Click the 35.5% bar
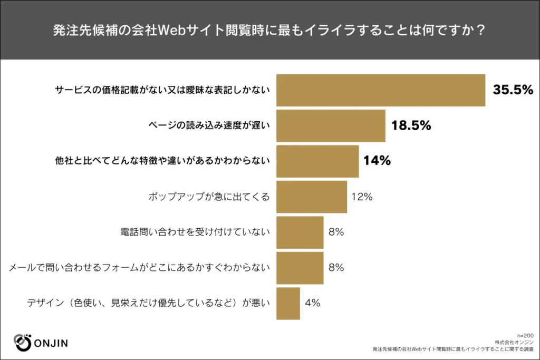coord(380,90)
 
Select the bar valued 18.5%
coord(331,125)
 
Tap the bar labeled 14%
coord(317,161)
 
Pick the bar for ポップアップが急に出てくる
coord(312,197)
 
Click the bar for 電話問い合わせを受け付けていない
coord(300,232)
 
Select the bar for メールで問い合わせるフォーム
coord(300,267)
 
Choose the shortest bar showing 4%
coord(288,303)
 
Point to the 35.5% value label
coord(513,90)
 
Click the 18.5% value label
coord(411,125)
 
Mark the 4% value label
coord(312,303)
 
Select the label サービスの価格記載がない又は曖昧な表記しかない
coord(162,90)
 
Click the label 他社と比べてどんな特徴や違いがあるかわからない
coord(162,161)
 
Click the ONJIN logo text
coord(51,344)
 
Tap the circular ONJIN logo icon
coord(22,342)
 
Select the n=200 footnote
coord(525,335)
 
